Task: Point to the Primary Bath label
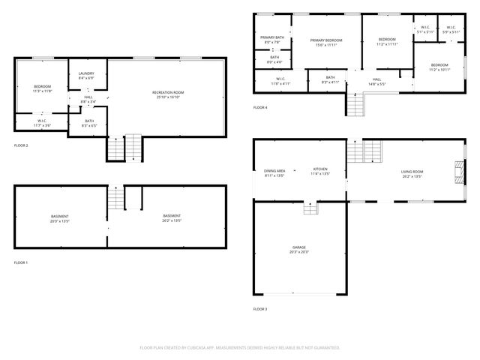click(x=272, y=37)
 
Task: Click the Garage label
click(x=299, y=247)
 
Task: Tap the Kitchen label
click(x=320, y=171)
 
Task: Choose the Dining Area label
click(x=274, y=171)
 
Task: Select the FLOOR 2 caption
click(x=21, y=145)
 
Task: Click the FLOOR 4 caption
click(x=260, y=108)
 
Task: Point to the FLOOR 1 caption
click(x=21, y=262)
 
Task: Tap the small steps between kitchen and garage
click(x=310, y=208)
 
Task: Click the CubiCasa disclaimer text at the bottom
click(x=240, y=347)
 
